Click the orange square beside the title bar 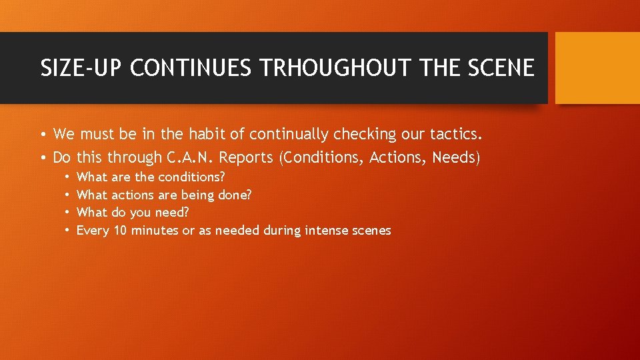pyautogui.click(x=597, y=68)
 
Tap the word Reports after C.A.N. pyautogui.click(x=249, y=157)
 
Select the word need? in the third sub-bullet pyautogui.click(x=172, y=213)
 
